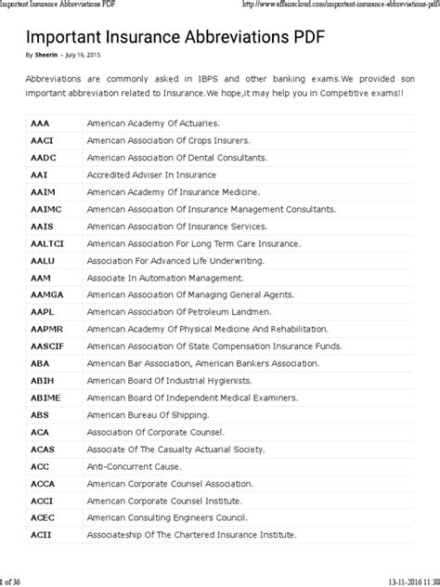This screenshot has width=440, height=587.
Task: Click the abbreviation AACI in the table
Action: (x=43, y=139)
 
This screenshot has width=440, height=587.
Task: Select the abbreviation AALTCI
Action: (x=47, y=242)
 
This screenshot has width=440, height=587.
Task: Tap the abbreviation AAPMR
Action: (x=46, y=328)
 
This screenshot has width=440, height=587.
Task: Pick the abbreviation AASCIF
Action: (x=47, y=346)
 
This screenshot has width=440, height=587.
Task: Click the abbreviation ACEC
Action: (x=43, y=516)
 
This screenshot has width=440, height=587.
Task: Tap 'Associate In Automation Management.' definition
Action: (x=159, y=277)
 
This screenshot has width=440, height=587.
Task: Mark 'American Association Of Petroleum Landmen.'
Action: (x=178, y=311)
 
